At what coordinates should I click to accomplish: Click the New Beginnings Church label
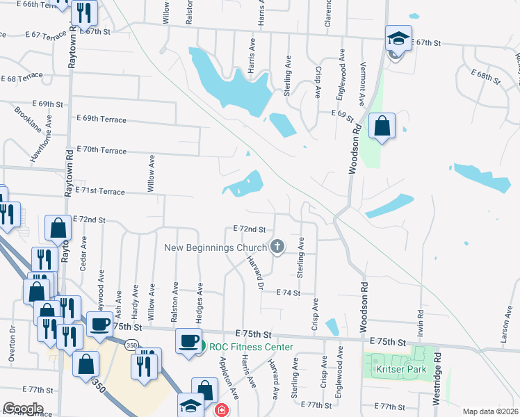(215, 248)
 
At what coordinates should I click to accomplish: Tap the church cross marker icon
(277, 246)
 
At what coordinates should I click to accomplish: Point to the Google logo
(23, 408)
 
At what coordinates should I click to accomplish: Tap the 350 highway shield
(132, 345)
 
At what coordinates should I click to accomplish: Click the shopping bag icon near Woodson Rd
(382, 126)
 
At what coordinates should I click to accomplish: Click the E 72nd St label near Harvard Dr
(250, 229)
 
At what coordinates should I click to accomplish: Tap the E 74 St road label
(287, 293)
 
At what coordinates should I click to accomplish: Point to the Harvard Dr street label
(255, 272)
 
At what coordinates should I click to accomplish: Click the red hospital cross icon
(221, 410)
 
